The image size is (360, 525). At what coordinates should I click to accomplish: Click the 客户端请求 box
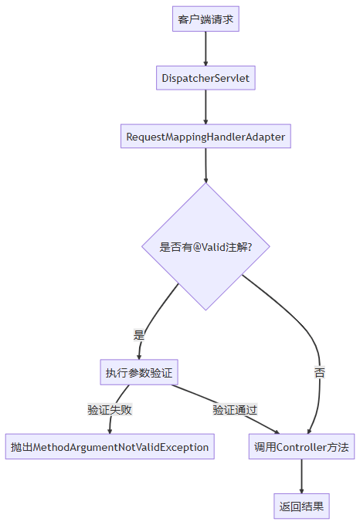point(205,19)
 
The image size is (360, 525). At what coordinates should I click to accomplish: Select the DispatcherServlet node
point(205,78)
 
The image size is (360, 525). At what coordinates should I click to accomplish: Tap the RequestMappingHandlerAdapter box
point(205,137)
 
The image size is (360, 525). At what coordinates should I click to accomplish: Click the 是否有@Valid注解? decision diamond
point(205,247)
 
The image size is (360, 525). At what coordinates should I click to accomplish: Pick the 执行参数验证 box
point(139,372)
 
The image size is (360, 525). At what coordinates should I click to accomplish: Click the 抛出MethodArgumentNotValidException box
point(110,447)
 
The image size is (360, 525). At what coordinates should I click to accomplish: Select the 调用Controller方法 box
point(301,447)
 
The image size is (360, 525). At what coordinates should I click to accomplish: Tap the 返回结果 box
point(301,506)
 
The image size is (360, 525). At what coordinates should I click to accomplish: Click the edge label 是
point(138,335)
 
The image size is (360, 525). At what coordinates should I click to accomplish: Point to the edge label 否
point(320,372)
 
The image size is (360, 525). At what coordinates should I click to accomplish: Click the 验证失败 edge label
point(110,409)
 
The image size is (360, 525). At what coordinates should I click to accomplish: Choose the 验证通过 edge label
point(235,409)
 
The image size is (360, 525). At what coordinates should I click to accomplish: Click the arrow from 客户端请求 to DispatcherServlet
point(205,49)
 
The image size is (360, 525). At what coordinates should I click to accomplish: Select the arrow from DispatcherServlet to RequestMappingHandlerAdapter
point(205,107)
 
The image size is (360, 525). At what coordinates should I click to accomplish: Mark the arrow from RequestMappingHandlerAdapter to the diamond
point(205,165)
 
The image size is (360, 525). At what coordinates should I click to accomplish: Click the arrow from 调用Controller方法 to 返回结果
point(301,476)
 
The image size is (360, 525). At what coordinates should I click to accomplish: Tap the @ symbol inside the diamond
point(197,247)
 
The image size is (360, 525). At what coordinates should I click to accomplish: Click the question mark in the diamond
point(250,247)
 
